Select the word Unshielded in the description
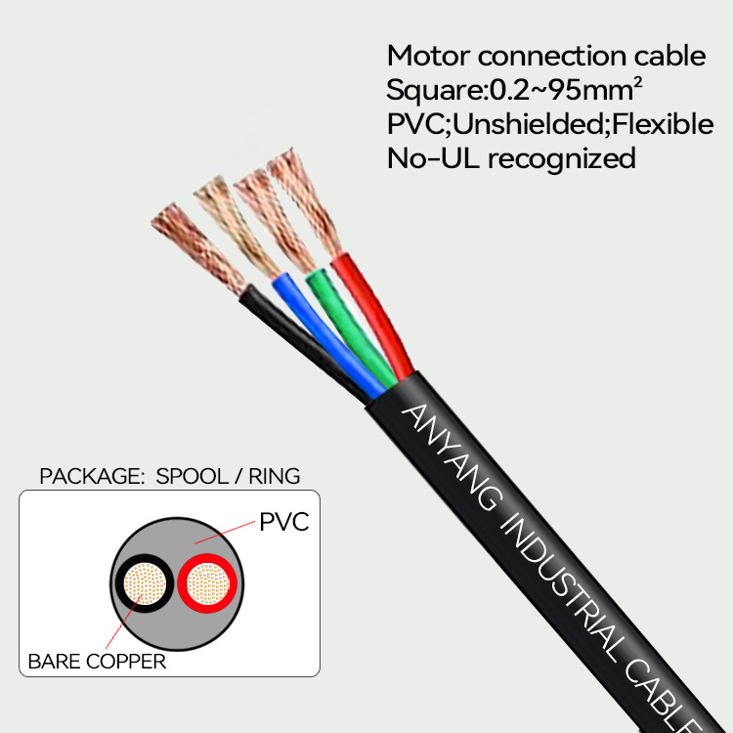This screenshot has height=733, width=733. pos(541,125)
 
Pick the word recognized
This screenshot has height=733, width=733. pos(561,158)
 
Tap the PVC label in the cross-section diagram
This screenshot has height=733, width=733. pos(284,522)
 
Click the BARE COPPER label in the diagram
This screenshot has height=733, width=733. pos(97,662)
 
